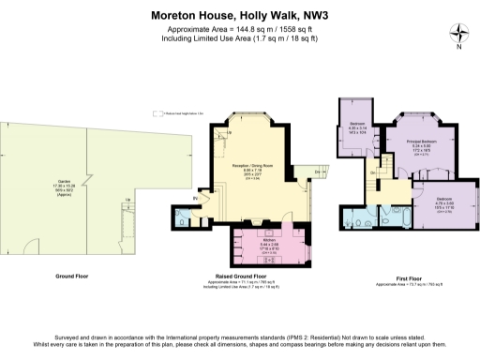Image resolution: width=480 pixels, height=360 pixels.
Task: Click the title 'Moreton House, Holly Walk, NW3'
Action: (239, 15)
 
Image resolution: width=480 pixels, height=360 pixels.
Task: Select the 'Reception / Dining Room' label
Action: (252, 166)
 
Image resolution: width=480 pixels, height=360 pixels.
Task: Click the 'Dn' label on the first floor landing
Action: (372, 173)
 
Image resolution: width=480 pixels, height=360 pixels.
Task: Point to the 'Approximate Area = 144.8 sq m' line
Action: (239, 29)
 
